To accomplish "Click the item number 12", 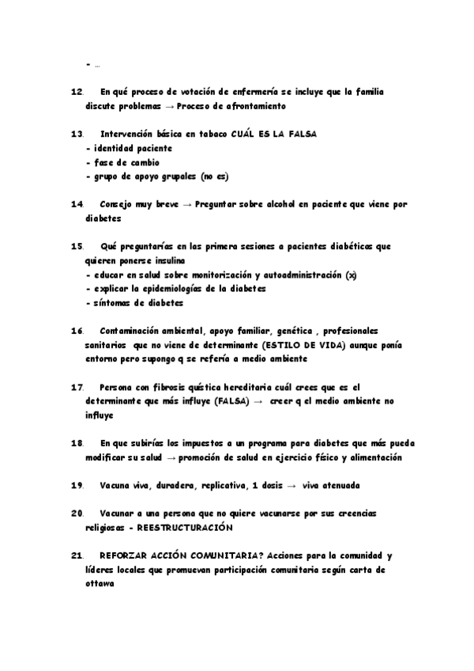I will click(77, 92).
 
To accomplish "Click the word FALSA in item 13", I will click(301, 134).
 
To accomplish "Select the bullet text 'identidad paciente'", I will click(133, 148).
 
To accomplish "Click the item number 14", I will click(77, 203).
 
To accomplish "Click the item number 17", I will click(77, 387).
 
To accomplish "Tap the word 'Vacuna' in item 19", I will click(115, 484).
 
